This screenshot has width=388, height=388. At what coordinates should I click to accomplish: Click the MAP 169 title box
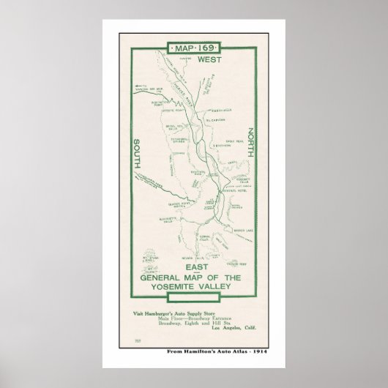point(193,49)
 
